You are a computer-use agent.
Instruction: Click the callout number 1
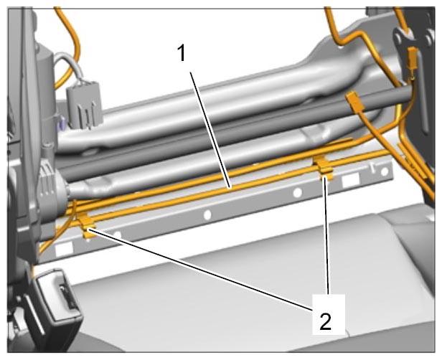coord(182,53)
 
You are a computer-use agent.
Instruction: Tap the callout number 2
coord(325,321)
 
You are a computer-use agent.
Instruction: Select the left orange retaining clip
coord(88,225)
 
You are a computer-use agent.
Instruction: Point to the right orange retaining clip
coord(324,169)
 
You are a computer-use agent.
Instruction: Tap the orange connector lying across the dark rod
coord(354,100)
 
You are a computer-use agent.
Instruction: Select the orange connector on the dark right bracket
coord(413,60)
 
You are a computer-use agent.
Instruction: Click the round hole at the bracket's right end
coord(385,172)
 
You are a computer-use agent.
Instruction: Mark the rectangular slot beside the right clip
coord(350,180)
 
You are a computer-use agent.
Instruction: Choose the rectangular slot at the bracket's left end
coord(65,249)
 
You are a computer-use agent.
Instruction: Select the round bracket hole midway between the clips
coord(207,215)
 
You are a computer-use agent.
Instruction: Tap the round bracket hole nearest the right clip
coord(297,193)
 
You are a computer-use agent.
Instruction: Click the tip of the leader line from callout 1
coord(231,187)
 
